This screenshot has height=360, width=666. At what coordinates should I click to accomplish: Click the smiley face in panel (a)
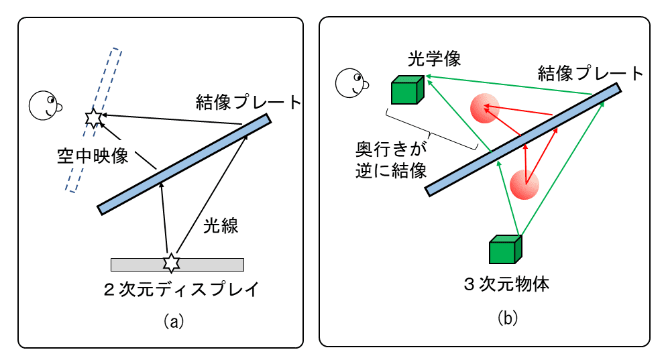(x=45, y=104)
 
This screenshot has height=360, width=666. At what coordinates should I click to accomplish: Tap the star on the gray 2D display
(x=172, y=263)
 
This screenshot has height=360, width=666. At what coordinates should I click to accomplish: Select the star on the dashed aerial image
(x=93, y=118)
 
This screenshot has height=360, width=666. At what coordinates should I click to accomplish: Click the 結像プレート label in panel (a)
(x=248, y=102)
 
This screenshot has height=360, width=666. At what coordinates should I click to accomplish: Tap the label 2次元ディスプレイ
(x=180, y=290)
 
